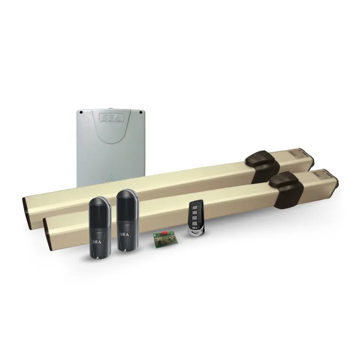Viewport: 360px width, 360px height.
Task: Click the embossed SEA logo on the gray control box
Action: [x=112, y=118]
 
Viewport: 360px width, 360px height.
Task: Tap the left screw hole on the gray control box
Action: [x=81, y=112]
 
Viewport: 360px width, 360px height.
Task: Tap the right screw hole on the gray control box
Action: [x=140, y=112]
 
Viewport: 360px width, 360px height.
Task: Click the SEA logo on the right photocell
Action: [x=125, y=235]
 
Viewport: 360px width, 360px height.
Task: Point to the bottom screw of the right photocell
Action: [x=125, y=251]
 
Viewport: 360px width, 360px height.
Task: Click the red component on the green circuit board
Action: [x=164, y=233]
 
